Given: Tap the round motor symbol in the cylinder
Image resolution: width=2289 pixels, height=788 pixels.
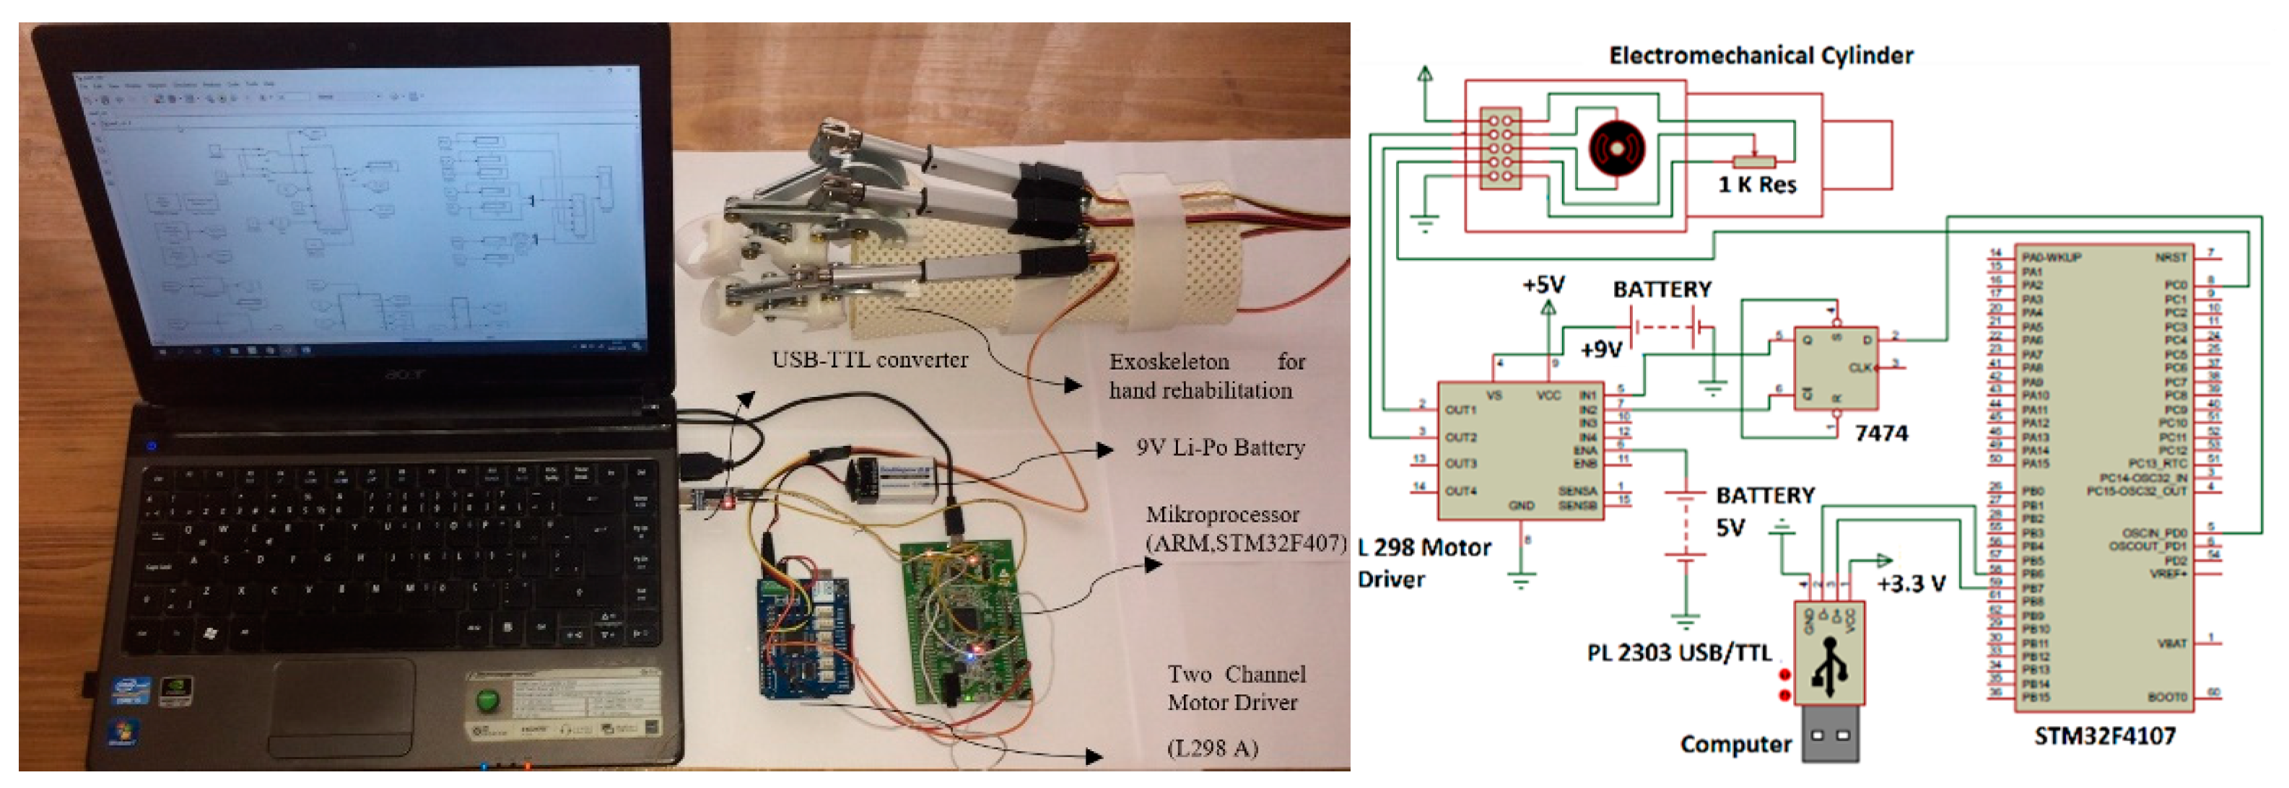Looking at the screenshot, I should (1616, 149).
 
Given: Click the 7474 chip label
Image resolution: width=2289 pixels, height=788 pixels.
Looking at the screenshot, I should (1880, 434).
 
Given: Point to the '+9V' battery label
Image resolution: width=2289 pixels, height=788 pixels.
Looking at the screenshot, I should (1601, 349).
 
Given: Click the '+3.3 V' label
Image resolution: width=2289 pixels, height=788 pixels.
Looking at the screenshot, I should (1911, 584).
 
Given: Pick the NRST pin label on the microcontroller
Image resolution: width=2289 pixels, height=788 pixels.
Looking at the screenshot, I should (2170, 258).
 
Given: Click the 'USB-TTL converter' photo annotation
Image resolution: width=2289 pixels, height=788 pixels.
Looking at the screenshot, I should (869, 360).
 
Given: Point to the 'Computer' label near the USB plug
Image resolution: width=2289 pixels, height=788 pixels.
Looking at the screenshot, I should (1735, 745).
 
